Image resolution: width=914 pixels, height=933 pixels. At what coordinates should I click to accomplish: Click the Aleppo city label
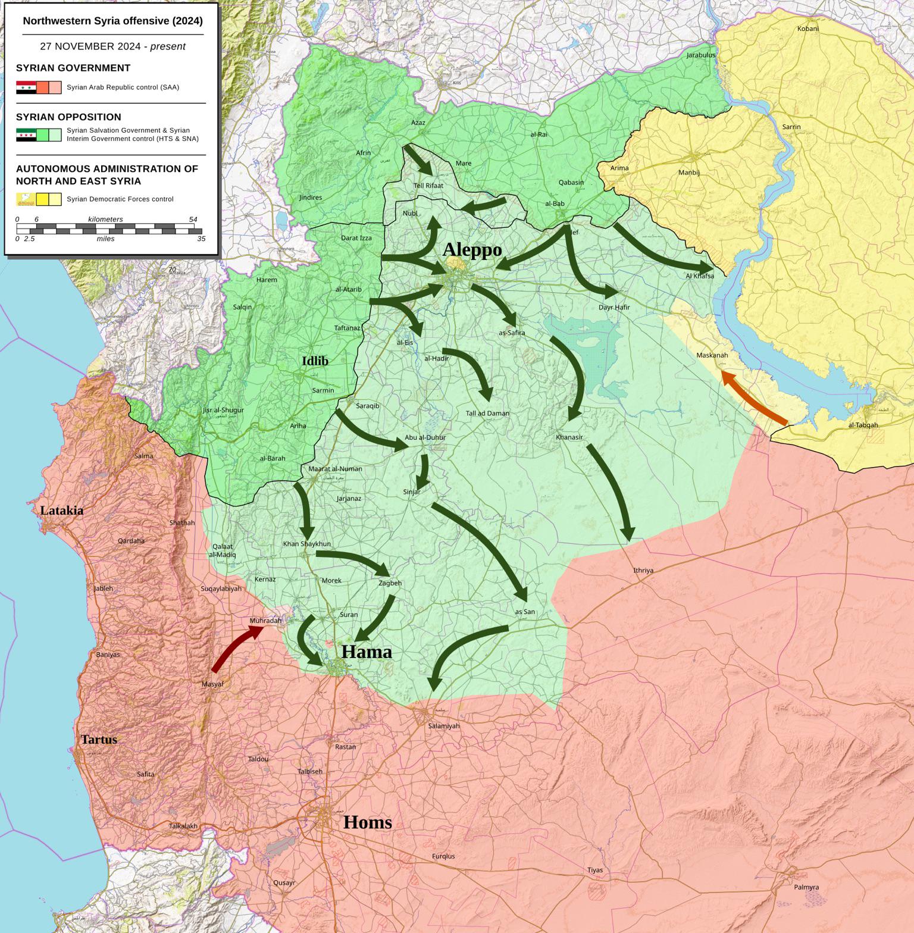tap(472, 250)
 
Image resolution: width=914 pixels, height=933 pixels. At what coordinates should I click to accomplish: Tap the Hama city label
tap(367, 652)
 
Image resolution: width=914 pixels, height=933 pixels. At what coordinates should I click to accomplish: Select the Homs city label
tap(368, 822)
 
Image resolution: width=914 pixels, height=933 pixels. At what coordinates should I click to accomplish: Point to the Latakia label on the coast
tap(61, 511)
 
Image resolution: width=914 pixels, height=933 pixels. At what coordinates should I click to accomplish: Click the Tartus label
tap(99, 740)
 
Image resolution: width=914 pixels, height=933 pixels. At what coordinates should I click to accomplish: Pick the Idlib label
tap(315, 361)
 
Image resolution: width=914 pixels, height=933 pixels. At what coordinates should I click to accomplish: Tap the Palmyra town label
tap(806, 887)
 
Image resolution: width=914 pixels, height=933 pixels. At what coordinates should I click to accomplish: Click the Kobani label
tap(807, 29)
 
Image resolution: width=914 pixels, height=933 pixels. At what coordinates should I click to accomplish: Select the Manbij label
tap(688, 173)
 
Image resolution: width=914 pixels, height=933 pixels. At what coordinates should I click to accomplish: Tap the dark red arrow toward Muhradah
tap(235, 650)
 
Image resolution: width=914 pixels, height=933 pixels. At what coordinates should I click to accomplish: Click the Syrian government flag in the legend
tap(26, 87)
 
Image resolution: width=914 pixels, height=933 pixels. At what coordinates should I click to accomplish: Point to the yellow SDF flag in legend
tap(26, 199)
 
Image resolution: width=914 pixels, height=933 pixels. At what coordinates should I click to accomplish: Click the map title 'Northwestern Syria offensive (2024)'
tap(112, 21)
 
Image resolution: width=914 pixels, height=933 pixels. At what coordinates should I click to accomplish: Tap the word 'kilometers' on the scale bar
tap(105, 219)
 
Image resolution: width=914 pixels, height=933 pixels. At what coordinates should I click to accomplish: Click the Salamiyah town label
tap(444, 726)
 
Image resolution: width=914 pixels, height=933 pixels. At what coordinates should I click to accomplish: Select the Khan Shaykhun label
tap(306, 544)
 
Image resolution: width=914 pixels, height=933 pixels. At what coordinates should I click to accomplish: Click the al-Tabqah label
tap(863, 425)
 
